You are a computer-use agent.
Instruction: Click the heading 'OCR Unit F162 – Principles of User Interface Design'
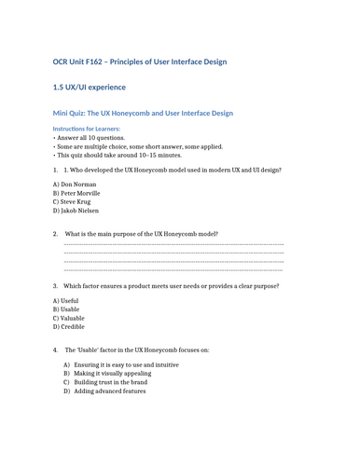point(139,62)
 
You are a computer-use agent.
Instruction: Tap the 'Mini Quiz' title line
point(143,112)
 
